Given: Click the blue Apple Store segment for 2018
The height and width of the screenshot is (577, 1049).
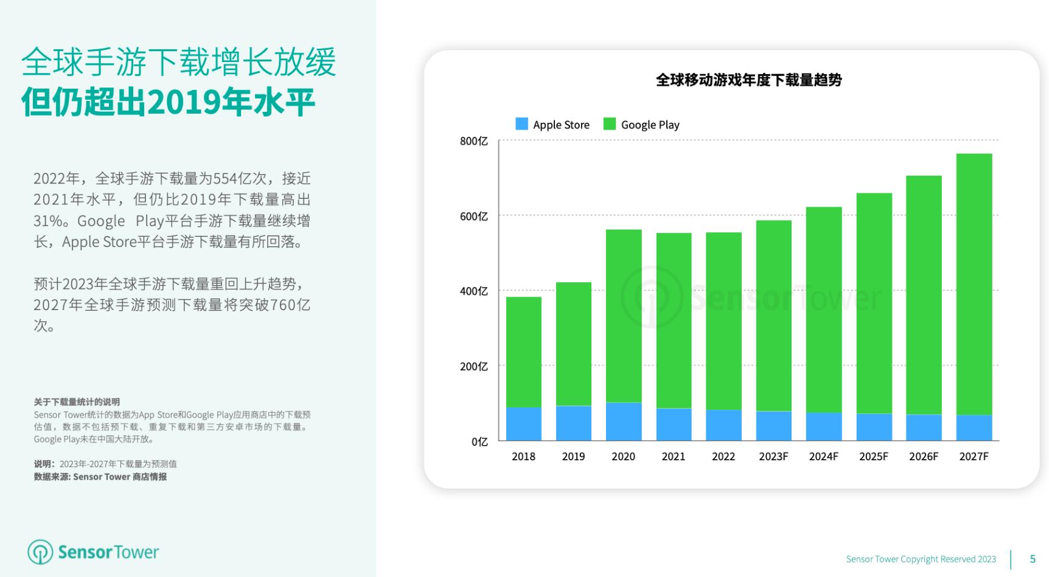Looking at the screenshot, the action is point(523,424).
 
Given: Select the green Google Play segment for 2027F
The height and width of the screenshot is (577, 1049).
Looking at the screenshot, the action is point(974,285).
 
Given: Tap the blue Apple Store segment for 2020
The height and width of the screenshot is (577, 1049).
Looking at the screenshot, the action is point(623,421).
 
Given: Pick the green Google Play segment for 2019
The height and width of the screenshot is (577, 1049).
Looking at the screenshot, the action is point(573,344).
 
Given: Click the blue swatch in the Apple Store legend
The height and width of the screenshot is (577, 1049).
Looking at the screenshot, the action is point(521,124).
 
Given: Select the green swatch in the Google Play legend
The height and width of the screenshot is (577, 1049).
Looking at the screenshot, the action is point(609,124).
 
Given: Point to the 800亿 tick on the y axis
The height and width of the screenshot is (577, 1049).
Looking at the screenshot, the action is point(473,141).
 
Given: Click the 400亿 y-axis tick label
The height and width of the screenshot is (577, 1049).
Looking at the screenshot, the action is point(473,291).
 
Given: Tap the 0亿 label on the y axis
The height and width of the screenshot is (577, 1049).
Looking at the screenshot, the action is point(479,441).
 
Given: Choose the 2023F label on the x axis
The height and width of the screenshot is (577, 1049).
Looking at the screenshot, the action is point(773,457).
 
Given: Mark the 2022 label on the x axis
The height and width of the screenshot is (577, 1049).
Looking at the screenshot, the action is point(723,457).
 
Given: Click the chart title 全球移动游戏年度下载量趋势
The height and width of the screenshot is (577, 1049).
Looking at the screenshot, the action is point(748,80).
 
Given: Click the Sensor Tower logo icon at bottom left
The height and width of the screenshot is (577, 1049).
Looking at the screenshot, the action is point(40,552).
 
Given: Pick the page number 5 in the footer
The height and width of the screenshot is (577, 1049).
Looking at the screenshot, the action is point(1033,559).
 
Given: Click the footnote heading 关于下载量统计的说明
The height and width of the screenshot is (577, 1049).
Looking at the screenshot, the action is point(77,402).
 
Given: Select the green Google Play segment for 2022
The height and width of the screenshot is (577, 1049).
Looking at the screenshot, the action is point(723,321).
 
